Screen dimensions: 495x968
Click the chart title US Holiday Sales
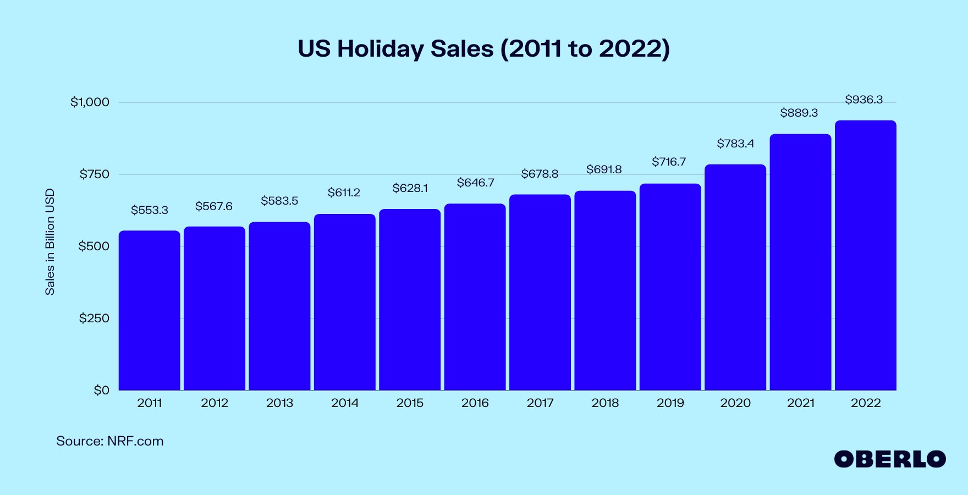click(483, 49)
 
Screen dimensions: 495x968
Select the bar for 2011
click(150, 310)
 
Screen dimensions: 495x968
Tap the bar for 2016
click(475, 297)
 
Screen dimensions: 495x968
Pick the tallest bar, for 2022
click(865, 255)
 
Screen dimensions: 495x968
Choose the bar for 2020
click(735, 277)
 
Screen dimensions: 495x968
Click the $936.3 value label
click(864, 100)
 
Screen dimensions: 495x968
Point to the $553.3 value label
click(150, 210)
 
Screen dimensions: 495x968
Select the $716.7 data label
click(669, 162)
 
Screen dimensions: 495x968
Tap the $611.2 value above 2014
click(344, 193)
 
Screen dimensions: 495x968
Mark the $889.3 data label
click(799, 113)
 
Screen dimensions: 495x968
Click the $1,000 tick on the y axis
click(90, 102)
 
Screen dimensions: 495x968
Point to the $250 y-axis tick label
click(94, 318)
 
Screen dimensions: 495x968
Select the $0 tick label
click(101, 391)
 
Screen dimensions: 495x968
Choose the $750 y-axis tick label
click(95, 174)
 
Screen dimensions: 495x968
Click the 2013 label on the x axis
click(279, 403)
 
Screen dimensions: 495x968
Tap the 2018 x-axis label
click(605, 403)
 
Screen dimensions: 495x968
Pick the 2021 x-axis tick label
click(800, 403)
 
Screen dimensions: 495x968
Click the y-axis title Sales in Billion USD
click(50, 242)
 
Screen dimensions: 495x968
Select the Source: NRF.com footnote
click(110, 441)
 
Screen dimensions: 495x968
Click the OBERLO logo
click(889, 459)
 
